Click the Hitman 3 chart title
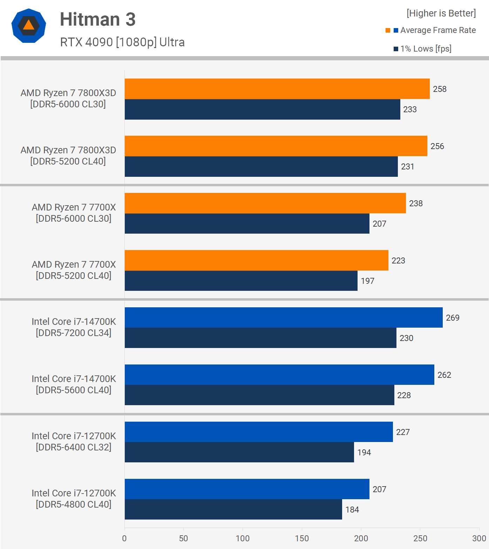(97, 19)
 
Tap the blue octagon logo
(28, 26)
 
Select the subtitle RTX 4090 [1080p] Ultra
(122, 42)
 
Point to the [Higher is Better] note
(441, 13)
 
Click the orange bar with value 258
(277, 89)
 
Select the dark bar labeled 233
(262, 109)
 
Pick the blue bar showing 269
(284, 317)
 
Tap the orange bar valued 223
(256, 260)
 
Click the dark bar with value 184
(233, 509)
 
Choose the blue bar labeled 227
(259, 432)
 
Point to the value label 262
(444, 375)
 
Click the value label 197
(367, 281)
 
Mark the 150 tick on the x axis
(302, 538)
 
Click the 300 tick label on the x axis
(479, 538)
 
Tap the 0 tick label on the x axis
(124, 538)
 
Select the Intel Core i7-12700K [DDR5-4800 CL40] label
(74, 499)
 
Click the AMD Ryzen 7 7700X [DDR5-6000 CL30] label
(74, 213)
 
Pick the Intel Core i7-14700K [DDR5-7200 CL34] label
(74, 327)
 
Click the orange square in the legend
(388, 31)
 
